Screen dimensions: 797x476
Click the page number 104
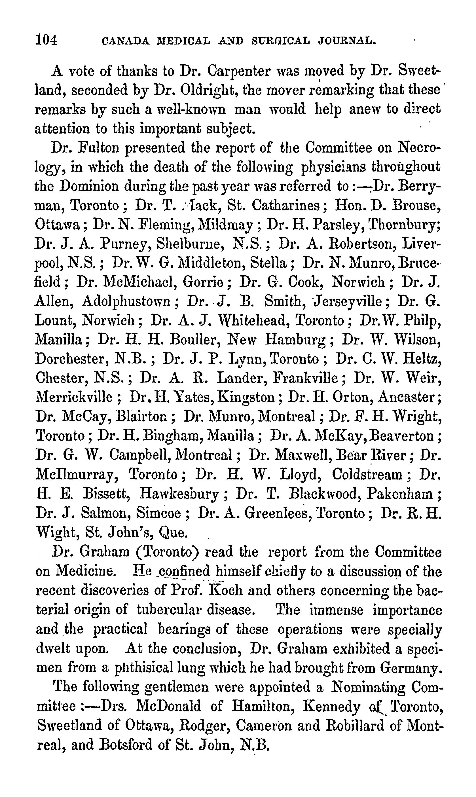(x=46, y=41)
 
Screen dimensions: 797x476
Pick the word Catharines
(x=289, y=205)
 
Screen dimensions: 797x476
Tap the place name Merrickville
(x=74, y=398)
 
